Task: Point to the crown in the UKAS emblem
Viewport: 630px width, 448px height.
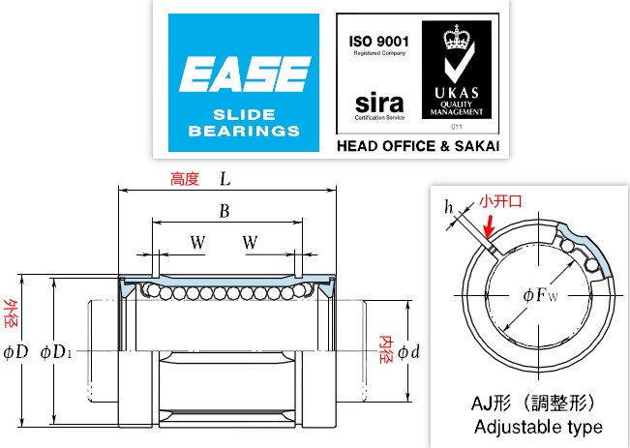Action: pos(454,40)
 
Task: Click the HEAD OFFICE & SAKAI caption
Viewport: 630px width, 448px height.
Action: pos(417,147)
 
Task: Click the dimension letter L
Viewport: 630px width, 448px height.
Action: pos(226,179)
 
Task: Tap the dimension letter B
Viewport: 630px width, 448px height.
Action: pos(224,212)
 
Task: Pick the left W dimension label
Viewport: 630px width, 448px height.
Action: pos(197,242)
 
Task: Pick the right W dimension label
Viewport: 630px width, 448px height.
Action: pos(251,242)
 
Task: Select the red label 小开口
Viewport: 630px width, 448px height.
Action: pos(502,202)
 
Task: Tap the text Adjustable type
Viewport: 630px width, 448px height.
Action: pos(538,427)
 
